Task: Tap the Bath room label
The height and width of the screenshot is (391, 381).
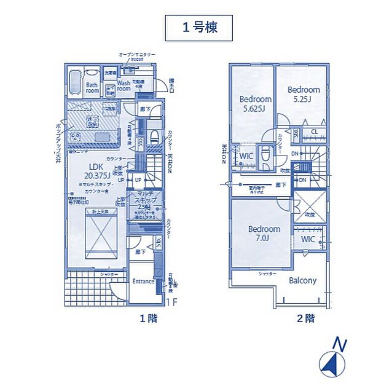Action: click(x=92, y=87)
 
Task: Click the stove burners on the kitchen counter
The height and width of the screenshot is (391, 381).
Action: click(x=76, y=136)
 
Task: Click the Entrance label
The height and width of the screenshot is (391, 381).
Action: click(x=143, y=281)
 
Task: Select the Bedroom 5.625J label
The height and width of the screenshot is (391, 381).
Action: click(x=255, y=104)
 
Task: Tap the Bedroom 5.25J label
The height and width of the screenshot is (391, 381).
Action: click(x=304, y=93)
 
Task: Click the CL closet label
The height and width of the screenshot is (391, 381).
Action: click(x=313, y=132)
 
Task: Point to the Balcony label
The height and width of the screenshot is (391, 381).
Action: click(x=303, y=280)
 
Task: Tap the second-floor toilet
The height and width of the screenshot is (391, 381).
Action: click(x=265, y=157)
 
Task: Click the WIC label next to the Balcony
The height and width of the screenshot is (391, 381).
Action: click(x=308, y=239)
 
